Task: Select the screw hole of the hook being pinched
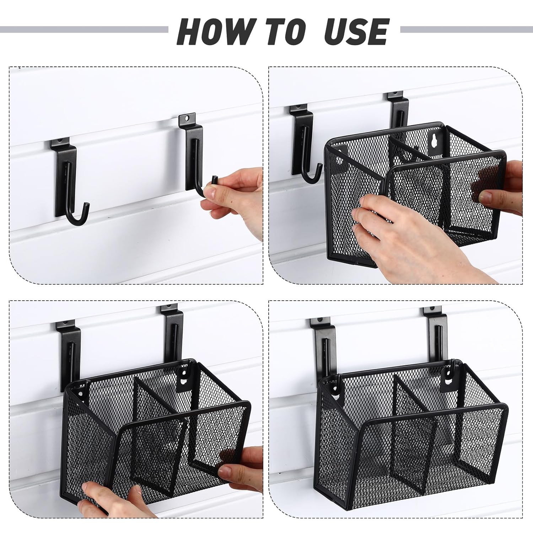point(189,117)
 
